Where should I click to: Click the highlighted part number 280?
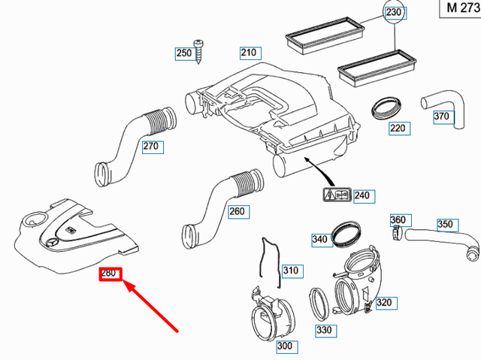(x=108, y=273)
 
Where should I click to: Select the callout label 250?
(x=183, y=53)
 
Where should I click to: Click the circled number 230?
(x=394, y=13)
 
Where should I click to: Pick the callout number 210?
(x=249, y=53)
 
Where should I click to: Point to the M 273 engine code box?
(x=458, y=8)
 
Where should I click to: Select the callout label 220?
(x=398, y=128)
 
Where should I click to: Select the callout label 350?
(x=446, y=224)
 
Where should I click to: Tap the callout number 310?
(x=290, y=270)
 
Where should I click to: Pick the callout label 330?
(x=324, y=330)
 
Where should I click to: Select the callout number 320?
(x=384, y=303)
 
